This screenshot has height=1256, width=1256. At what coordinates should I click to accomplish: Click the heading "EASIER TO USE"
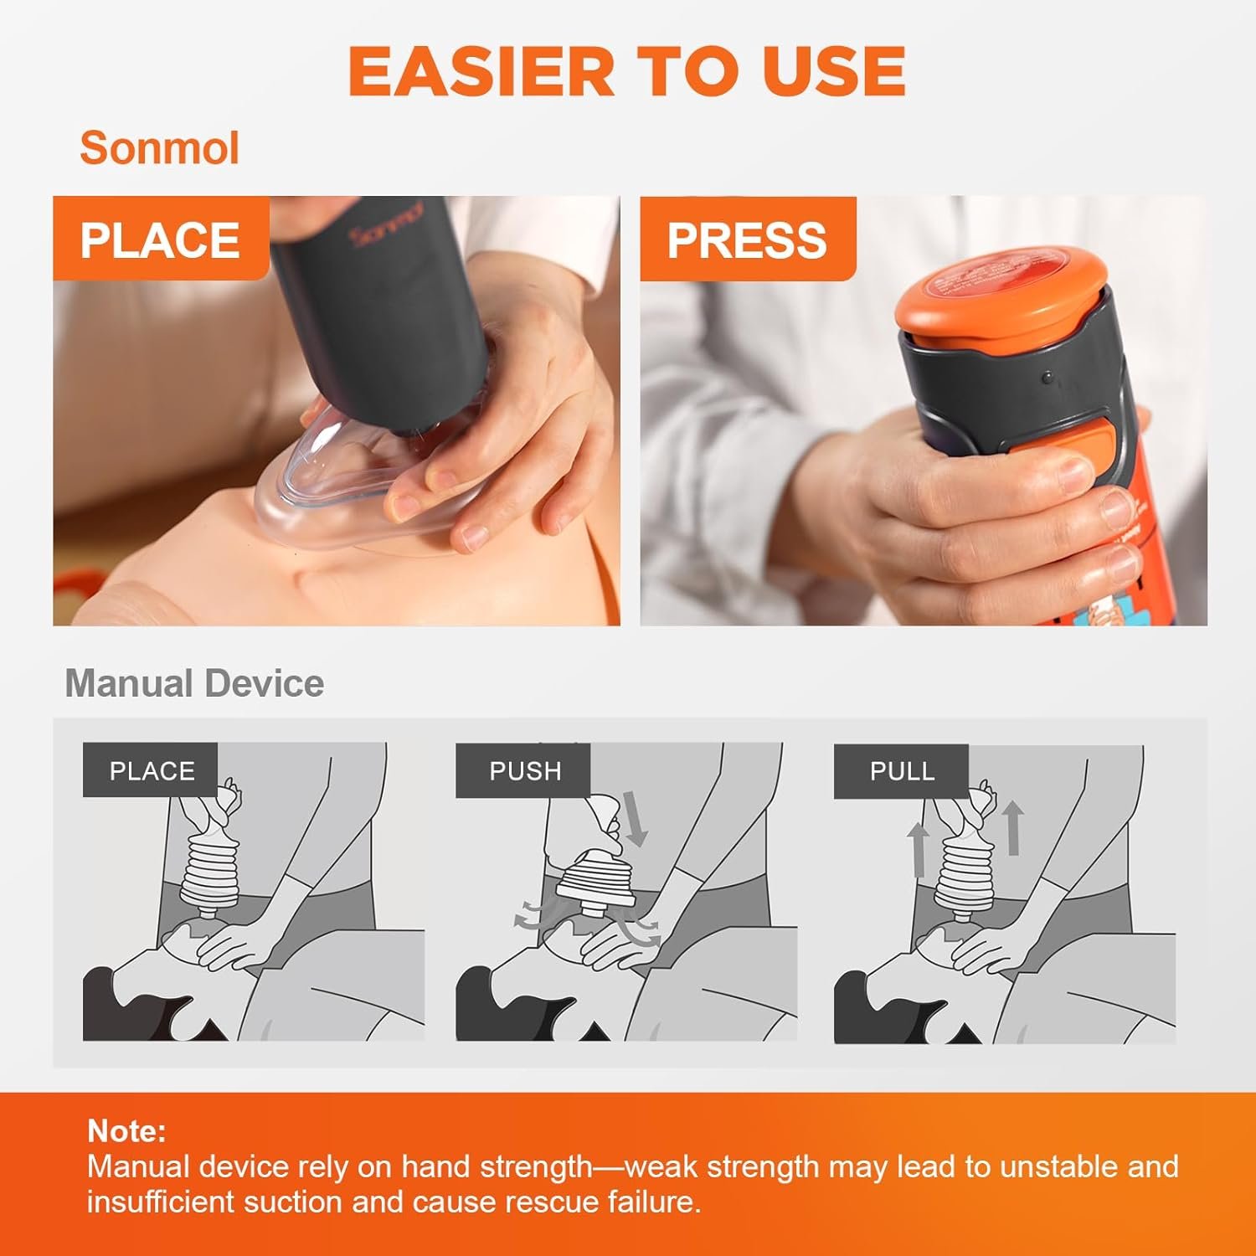click(627, 71)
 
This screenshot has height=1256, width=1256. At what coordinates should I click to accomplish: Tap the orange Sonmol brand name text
click(160, 148)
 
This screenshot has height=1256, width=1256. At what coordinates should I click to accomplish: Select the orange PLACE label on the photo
click(161, 239)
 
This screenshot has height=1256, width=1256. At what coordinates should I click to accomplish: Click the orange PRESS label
click(748, 239)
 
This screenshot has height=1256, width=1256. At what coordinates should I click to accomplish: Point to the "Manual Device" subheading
click(194, 683)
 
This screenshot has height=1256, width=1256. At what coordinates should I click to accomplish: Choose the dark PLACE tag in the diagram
click(151, 770)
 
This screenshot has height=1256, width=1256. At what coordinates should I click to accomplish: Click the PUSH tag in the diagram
click(524, 770)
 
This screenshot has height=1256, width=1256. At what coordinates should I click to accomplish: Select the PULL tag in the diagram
click(902, 770)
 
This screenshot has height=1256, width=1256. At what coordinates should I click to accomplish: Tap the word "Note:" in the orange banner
click(126, 1131)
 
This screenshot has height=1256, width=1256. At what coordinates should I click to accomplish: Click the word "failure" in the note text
click(654, 1202)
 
